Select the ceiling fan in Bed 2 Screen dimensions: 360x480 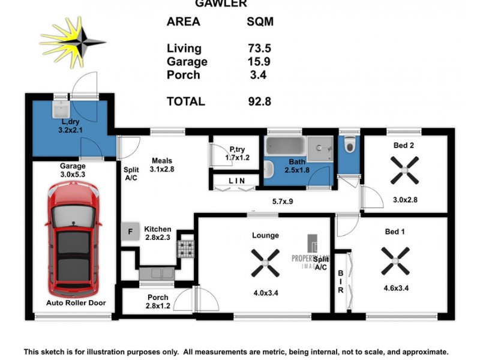pyautogui.click(x=406, y=170)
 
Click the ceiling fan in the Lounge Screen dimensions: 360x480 pyautogui.click(x=265, y=262)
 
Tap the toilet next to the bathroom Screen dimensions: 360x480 pyautogui.click(x=349, y=146)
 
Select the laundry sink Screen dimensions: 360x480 pyautogui.click(x=61, y=110)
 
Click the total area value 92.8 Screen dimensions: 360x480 pyautogui.click(x=259, y=102)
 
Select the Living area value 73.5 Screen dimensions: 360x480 pyautogui.click(x=259, y=49)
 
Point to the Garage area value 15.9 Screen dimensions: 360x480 pyautogui.click(x=259, y=62)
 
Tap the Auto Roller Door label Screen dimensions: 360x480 pyautogui.click(x=76, y=303)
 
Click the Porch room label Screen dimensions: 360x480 pyautogui.click(x=158, y=298)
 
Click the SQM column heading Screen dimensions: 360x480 pyautogui.click(x=260, y=22)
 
